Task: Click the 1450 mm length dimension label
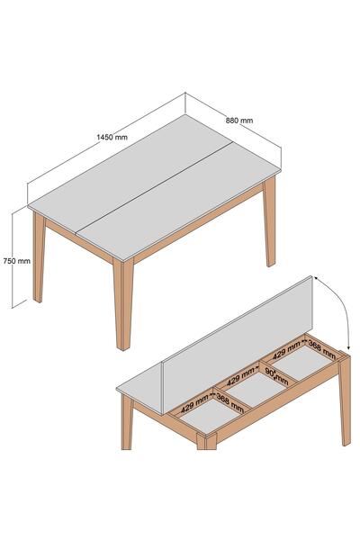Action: pos(112,137)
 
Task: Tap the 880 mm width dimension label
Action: pos(239,121)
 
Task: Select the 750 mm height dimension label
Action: pos(16,261)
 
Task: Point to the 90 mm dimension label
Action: pos(276,376)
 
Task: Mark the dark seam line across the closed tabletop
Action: pos(153,186)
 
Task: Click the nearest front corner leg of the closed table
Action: pos(123,304)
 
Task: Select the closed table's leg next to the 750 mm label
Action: pos(38,256)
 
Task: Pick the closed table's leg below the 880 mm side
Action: pos(270,221)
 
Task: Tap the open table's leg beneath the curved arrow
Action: pos(345,399)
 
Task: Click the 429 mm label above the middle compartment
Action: pos(241,377)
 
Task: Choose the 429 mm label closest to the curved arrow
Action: pos(286,350)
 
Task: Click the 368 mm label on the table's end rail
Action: pos(322,349)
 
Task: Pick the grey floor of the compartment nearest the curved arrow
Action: pos(302,363)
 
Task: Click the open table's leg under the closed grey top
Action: pos(127,422)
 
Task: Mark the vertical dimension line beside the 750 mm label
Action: pos(13,260)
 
